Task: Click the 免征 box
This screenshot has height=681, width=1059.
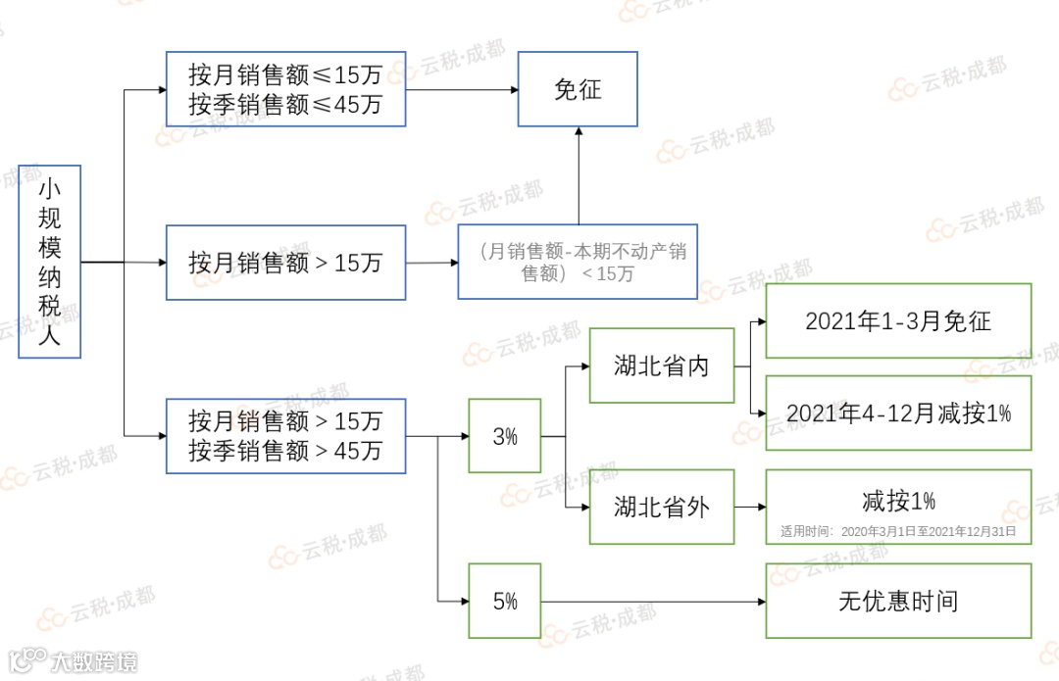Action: coord(578,89)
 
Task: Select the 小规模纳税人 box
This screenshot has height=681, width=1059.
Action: coord(49,262)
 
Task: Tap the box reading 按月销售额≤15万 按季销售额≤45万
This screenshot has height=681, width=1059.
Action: coord(285,89)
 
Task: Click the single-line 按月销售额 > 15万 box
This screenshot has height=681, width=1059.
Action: coord(285,263)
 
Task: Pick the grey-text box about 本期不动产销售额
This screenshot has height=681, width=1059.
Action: coord(578,262)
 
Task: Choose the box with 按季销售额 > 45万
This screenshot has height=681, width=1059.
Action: coord(285,436)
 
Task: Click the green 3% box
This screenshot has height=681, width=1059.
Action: coord(505,436)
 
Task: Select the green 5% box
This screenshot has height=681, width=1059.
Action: coord(505,601)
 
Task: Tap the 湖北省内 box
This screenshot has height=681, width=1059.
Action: coord(662,366)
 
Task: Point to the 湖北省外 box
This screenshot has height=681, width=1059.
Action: coord(662,507)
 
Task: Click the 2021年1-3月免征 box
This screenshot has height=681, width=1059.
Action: coord(898,320)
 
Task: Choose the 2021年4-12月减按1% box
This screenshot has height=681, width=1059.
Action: coord(898,413)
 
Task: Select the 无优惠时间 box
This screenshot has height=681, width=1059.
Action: coord(898,601)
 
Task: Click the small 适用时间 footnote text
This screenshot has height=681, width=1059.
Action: coord(898,532)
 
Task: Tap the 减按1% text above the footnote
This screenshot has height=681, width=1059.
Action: coord(898,501)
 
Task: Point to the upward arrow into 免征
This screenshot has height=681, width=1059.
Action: coord(578,176)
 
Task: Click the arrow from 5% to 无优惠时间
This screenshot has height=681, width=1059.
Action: coord(652,602)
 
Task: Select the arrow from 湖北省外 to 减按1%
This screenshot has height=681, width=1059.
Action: coord(750,508)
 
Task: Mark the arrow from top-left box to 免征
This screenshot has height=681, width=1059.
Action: coord(461,90)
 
